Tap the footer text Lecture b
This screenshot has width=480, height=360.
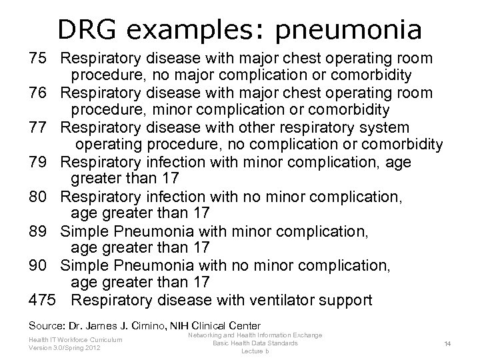click(255, 351)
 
